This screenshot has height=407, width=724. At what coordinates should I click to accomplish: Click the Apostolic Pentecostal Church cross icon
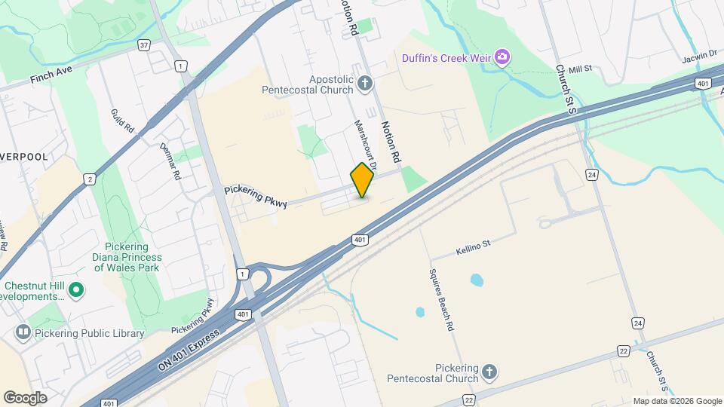pos(366,83)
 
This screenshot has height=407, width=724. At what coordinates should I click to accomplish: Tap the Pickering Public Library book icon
pos(23,332)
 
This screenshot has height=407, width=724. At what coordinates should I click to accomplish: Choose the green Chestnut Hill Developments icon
pos(76,289)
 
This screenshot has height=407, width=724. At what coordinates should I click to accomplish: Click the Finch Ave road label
pos(51,74)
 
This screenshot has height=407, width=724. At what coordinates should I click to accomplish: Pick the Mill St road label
pos(581,69)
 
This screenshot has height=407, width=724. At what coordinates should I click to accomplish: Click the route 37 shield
pos(144,45)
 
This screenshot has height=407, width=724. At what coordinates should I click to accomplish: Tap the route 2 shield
pos(90,179)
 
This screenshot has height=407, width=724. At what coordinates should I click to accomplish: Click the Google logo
pos(25,397)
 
